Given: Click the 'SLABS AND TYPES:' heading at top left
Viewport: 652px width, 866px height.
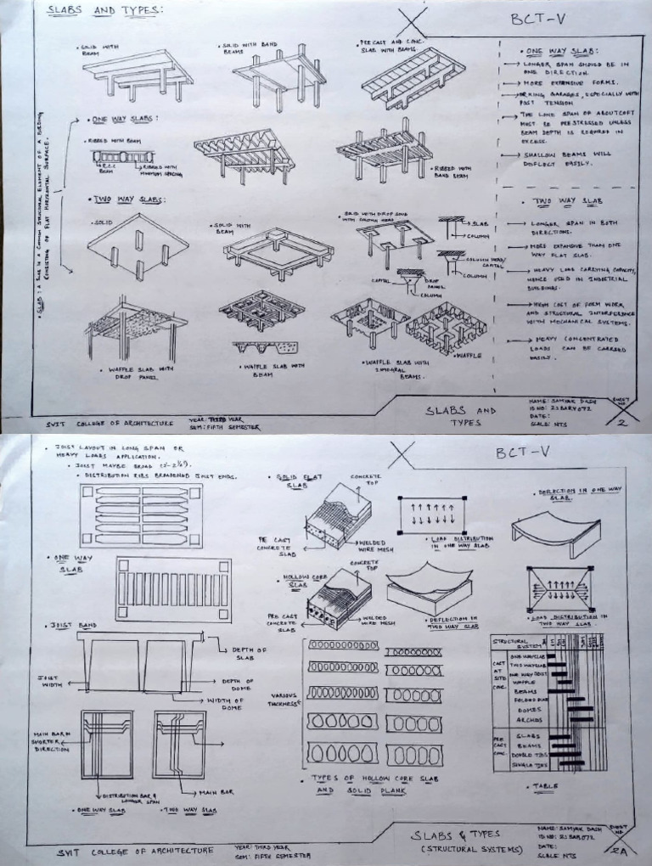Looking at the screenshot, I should click(104, 11).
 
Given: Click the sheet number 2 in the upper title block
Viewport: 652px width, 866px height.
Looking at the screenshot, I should click(621, 422).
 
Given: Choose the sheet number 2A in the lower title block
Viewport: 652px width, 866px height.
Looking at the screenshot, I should click(619, 849).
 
